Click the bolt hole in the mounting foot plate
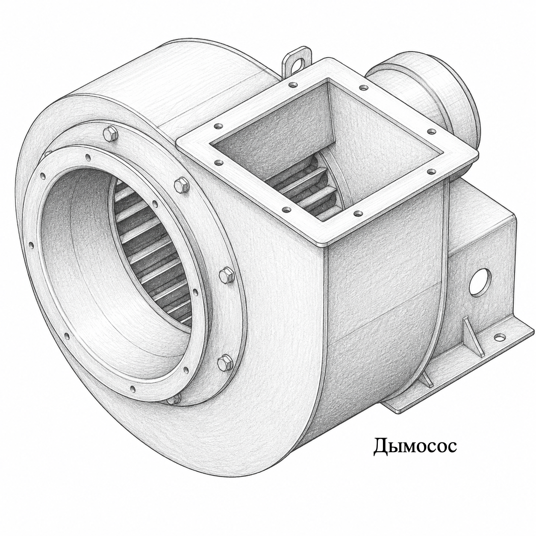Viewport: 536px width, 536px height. tap(500, 338)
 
